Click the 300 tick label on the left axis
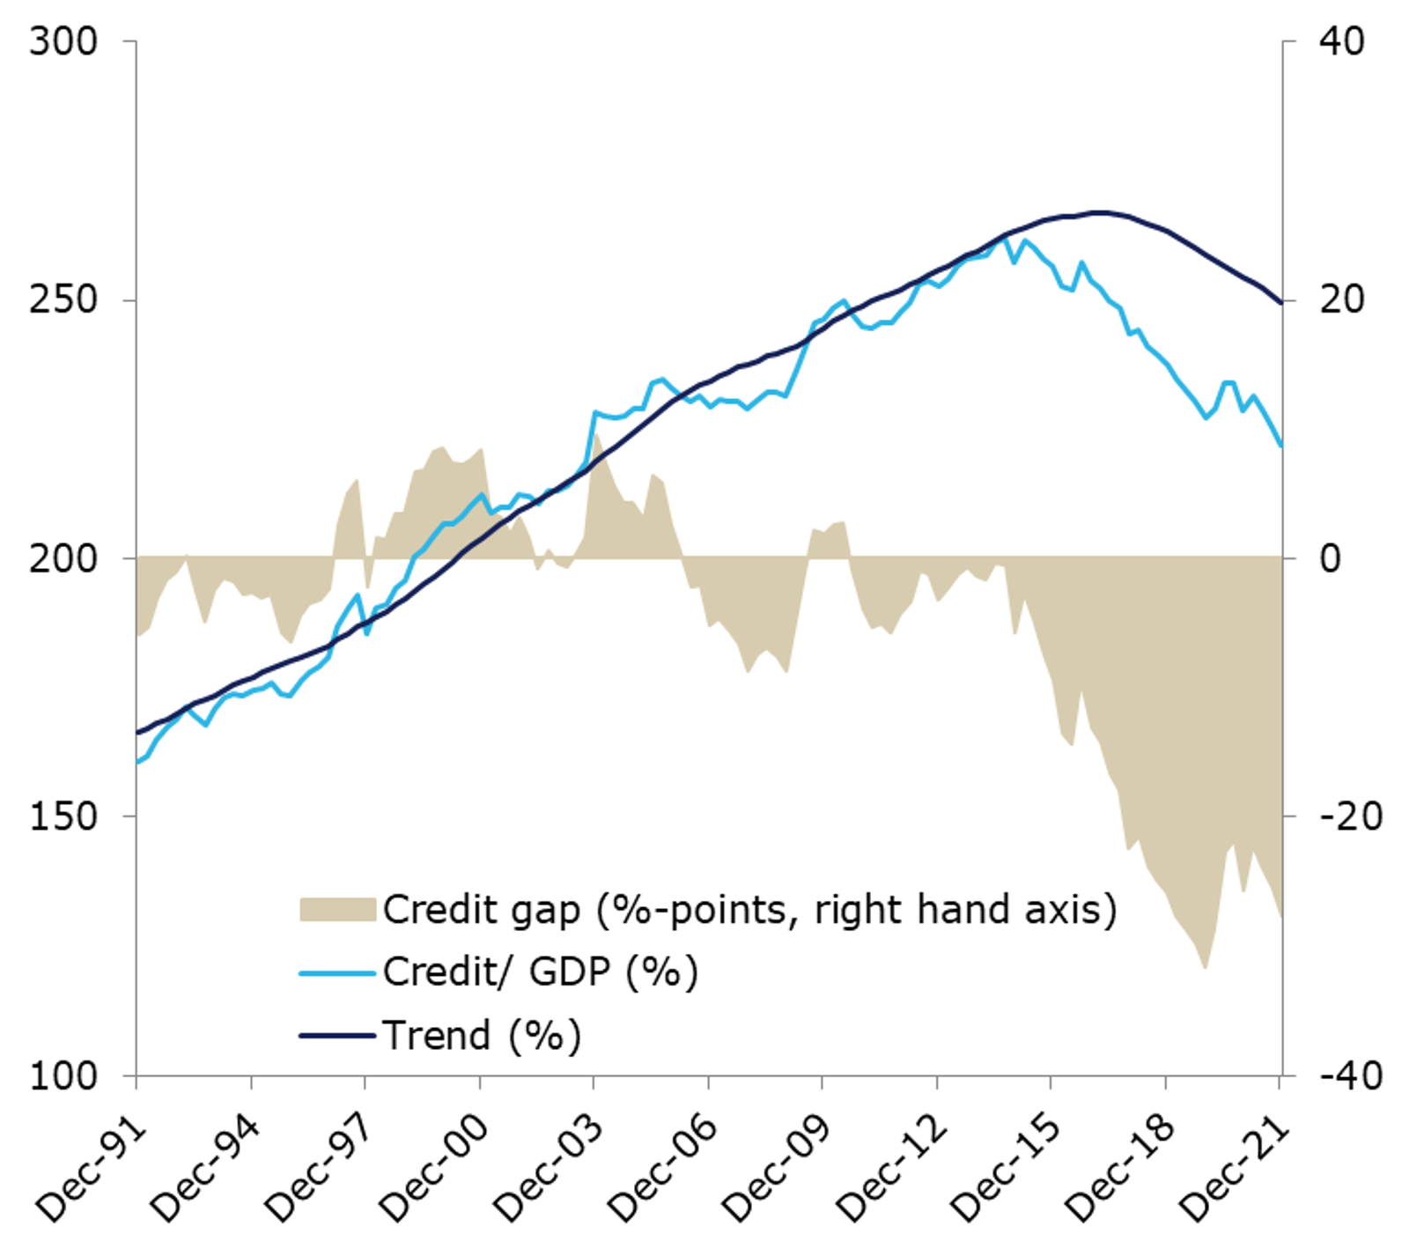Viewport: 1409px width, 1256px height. (63, 42)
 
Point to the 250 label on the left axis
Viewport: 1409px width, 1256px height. (63, 300)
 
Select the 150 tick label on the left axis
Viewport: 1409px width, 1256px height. (63, 816)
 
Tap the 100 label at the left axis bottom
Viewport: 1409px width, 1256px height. (63, 1075)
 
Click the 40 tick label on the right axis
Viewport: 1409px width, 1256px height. (1341, 42)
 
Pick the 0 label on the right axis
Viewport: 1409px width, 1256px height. (1330, 558)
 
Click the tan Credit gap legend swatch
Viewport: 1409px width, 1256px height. (337, 910)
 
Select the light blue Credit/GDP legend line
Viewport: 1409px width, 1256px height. (337, 973)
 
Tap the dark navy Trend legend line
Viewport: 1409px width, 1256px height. (337, 1036)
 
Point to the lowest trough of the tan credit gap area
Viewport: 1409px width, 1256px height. (1205, 968)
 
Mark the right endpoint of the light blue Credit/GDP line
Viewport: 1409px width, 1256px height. (1281, 446)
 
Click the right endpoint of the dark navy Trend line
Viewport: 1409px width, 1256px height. (1281, 303)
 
